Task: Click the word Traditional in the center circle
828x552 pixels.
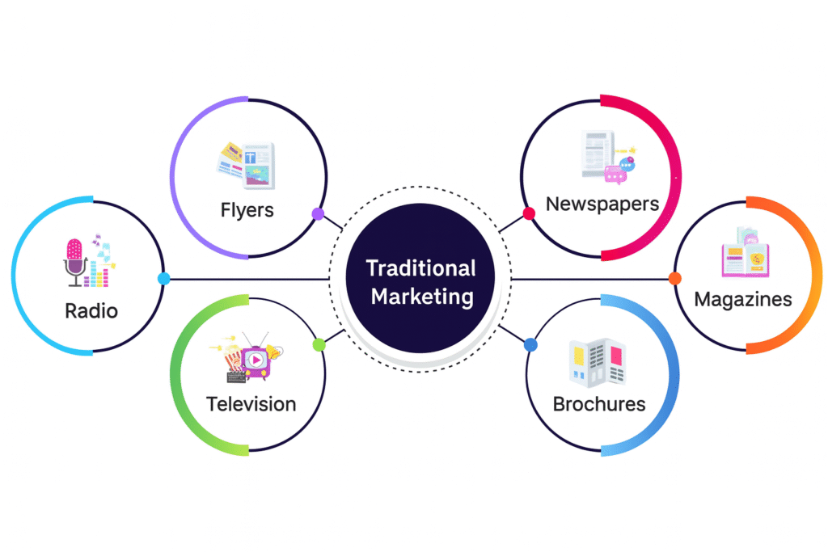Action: (420, 268)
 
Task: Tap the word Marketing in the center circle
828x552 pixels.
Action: (420, 296)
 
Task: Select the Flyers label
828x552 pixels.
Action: (247, 210)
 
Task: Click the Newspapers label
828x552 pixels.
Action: (602, 203)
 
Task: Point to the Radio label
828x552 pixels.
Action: (91, 310)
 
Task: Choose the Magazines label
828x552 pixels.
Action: (743, 299)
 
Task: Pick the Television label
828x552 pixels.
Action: (251, 403)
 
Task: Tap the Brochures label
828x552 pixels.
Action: (599, 403)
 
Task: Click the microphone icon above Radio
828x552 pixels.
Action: (75, 261)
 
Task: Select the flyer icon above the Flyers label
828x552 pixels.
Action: (246, 166)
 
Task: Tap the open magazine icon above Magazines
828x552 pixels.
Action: (746, 254)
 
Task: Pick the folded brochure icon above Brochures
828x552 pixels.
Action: (598, 360)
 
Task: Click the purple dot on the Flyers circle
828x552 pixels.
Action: (318, 214)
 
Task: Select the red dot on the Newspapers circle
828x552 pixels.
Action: (529, 214)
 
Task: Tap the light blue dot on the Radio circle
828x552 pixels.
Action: (163, 279)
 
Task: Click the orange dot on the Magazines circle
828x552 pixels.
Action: (675, 279)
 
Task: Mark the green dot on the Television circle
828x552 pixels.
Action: (319, 345)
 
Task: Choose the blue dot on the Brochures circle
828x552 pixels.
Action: (530, 345)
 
